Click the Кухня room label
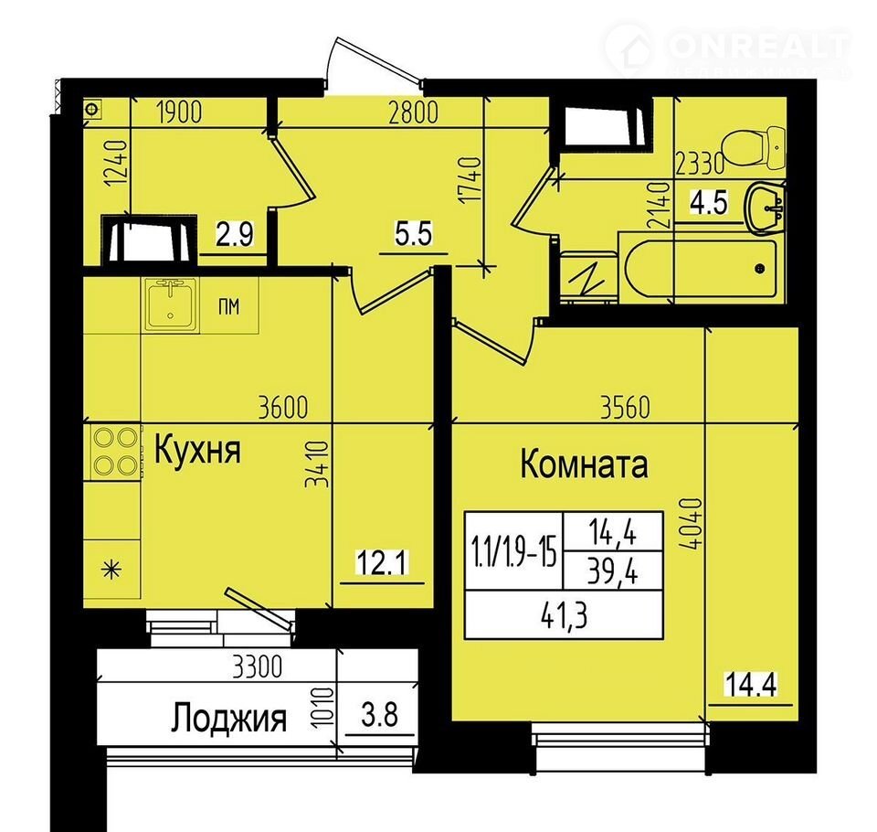tap(197, 450)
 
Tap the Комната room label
tap(585, 464)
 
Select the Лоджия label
tap(228, 718)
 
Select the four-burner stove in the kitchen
tap(115, 452)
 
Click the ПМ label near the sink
tap(228, 306)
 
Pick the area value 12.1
tap(383, 562)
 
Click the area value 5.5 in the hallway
tap(413, 233)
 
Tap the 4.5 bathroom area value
tap(709, 202)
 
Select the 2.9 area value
tap(235, 234)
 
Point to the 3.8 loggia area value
tap(380, 715)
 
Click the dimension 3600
tap(283, 407)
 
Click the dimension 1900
tap(179, 112)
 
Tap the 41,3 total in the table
tap(564, 616)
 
